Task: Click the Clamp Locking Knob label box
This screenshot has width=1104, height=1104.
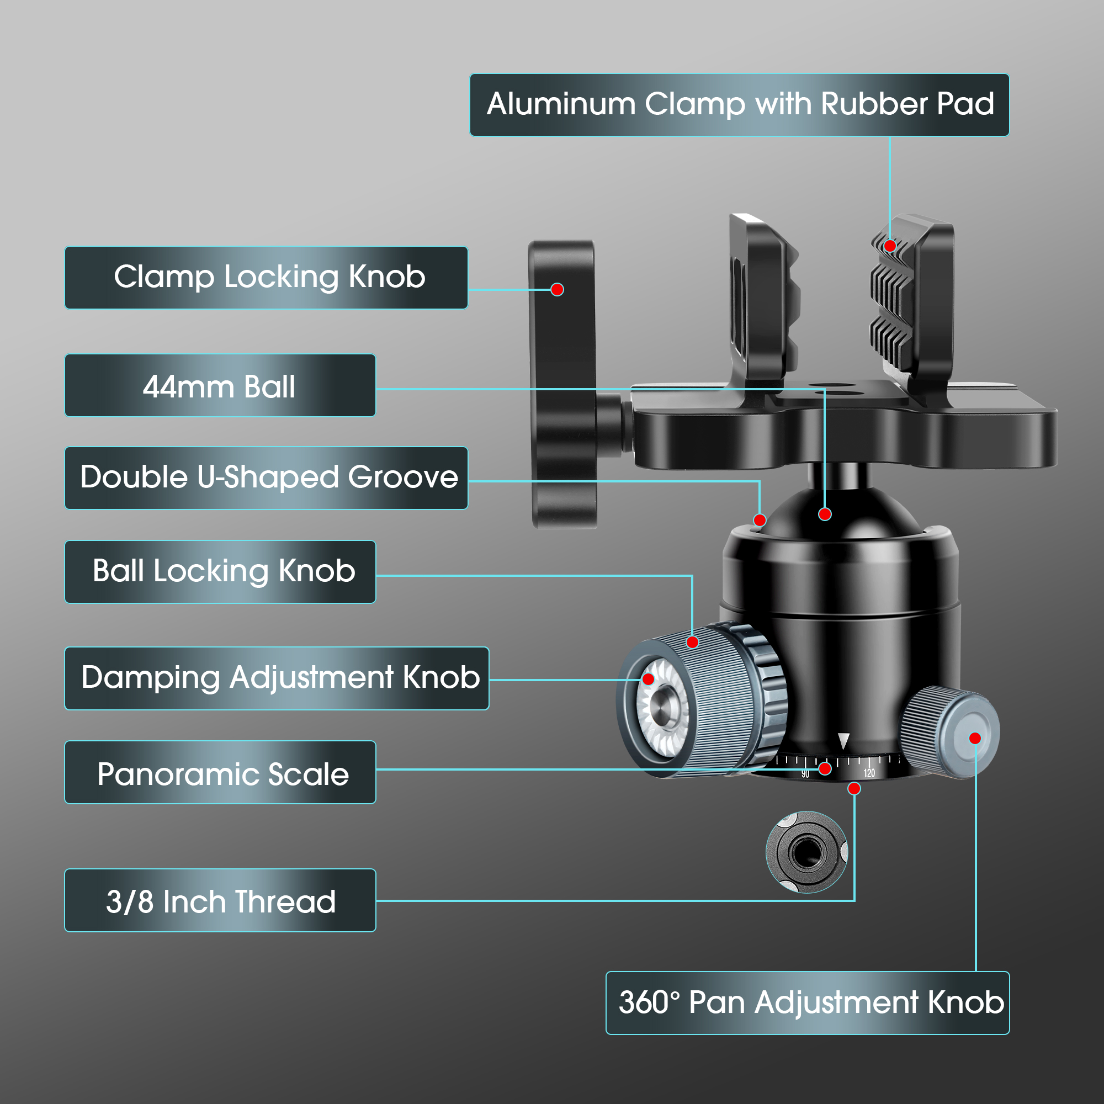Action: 266,278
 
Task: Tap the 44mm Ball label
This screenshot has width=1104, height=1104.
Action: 220,386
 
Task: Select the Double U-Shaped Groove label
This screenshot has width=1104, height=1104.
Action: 266,477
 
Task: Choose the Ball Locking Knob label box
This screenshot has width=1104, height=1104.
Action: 220,572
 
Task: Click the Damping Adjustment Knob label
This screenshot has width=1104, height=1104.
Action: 277,678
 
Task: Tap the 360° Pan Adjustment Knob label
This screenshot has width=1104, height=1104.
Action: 808,1003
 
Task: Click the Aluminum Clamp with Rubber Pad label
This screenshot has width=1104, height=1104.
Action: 740,105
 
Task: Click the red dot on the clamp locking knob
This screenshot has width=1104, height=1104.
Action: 557,290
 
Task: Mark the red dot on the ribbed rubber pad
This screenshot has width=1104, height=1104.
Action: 890,246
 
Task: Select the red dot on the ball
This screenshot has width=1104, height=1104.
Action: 825,514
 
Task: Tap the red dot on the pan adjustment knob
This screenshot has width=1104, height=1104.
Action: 975,738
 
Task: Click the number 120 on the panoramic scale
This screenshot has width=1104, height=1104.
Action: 869,773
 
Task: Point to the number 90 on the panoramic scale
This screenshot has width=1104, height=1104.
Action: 805,774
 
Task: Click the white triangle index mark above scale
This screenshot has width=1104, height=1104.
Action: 843,741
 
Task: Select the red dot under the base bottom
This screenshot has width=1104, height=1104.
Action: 854,789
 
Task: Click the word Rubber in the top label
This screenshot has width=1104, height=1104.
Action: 874,105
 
